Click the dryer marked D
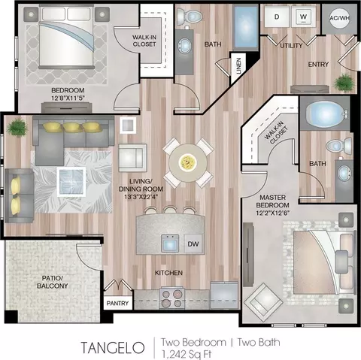pyautogui.click(x=277, y=17)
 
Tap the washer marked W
pyautogui.click(x=303, y=17)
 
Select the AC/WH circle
pyautogui.click(x=339, y=18)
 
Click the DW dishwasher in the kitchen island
pyautogui.click(x=193, y=244)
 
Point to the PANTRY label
pyautogui.click(x=117, y=303)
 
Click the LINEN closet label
pyautogui.click(x=238, y=66)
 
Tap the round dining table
pyautogui.click(x=188, y=163)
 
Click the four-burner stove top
pyautogui.click(x=171, y=298)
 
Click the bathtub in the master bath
pyautogui.click(x=326, y=113)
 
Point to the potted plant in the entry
pyautogui.click(x=344, y=83)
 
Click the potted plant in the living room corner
pyautogui.click(x=17, y=128)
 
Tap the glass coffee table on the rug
pyautogui.click(x=71, y=182)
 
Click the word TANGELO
pyautogui.click(x=113, y=348)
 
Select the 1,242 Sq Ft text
pyautogui.click(x=186, y=355)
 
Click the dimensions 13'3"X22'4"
pyautogui.click(x=141, y=197)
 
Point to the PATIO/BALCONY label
pyautogui.click(x=53, y=282)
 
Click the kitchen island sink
pyautogui.click(x=170, y=244)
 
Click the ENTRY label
pyautogui.click(x=318, y=65)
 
